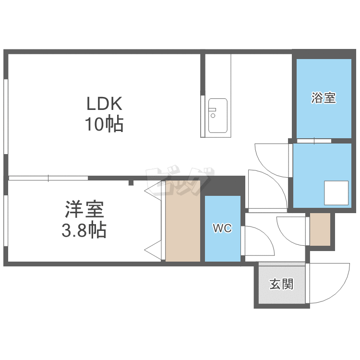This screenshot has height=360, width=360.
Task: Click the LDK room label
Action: (105, 104)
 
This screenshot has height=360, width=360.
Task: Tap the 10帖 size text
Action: (105, 124)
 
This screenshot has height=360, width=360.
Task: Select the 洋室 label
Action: (84, 209)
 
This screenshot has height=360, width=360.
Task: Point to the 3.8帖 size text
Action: (84, 229)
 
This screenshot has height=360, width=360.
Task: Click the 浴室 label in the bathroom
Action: (324, 97)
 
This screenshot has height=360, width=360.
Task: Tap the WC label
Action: (222, 228)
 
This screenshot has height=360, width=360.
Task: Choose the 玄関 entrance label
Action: (281, 284)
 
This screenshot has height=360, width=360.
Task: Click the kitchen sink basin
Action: (217, 116)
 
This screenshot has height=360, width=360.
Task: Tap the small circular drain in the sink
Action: (213, 116)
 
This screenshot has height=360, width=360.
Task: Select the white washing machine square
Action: (336, 193)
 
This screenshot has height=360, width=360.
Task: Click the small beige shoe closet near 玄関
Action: (320, 229)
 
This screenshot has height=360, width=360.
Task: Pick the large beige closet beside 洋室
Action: (183, 221)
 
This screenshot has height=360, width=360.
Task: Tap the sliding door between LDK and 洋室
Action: (48, 178)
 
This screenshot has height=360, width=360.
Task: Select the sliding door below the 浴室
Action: (314, 141)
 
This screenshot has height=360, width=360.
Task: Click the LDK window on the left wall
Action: (6, 117)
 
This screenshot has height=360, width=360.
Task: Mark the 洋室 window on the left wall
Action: (6, 221)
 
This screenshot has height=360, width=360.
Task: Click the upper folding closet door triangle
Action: (153, 189)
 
